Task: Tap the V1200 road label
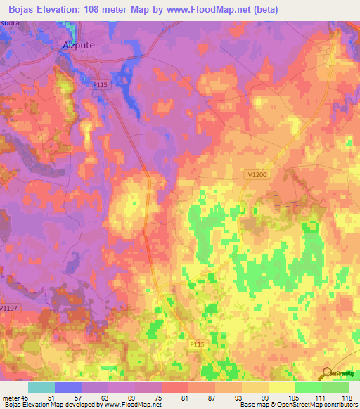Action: [259, 174]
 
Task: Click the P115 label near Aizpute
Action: [101, 85]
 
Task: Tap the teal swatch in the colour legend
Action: [41, 387]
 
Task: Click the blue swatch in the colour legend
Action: [68, 387]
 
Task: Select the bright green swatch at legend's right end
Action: [335, 387]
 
